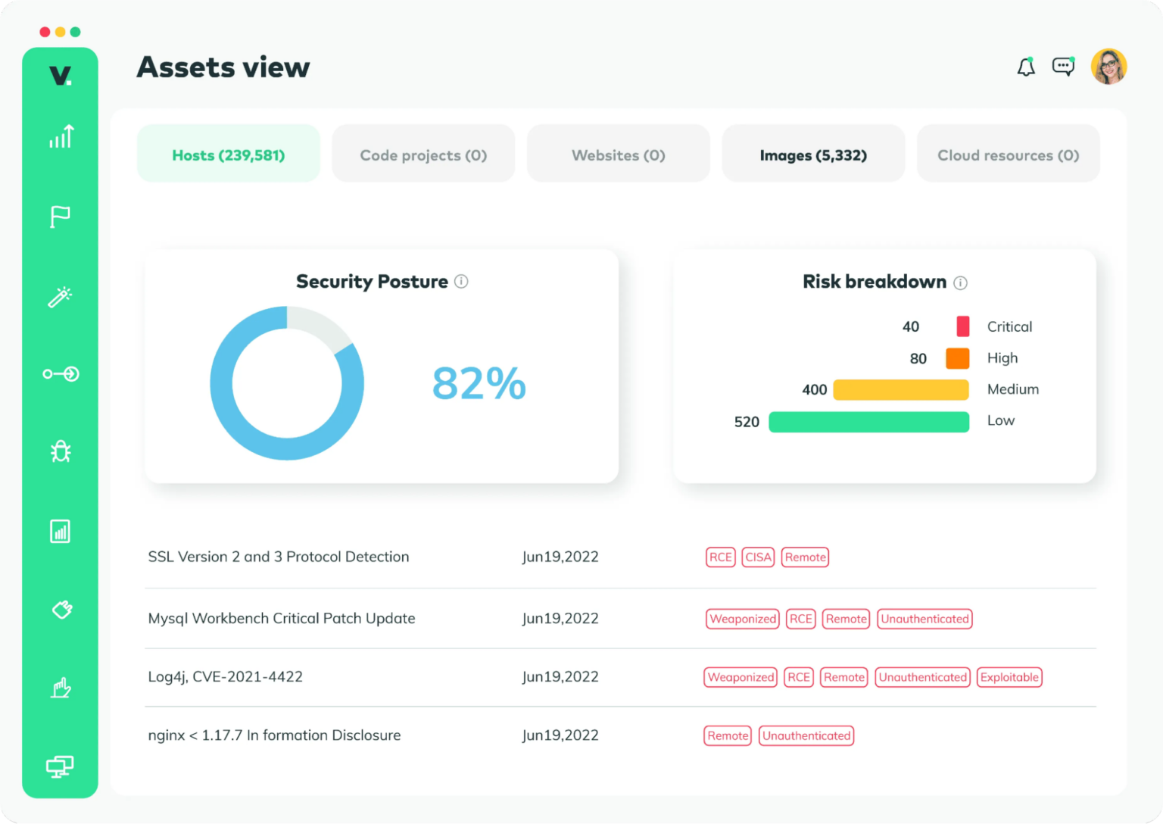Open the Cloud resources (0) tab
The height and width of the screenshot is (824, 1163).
(1008, 154)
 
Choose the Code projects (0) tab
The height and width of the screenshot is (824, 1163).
(423, 154)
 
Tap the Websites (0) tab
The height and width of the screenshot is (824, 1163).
(618, 154)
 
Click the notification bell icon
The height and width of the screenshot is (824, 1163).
(1026, 67)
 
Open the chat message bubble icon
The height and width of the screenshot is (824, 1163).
(1063, 67)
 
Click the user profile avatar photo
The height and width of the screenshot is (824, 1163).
(1108, 67)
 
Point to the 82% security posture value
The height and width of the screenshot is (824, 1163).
(479, 383)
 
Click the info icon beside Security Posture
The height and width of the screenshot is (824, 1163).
(461, 282)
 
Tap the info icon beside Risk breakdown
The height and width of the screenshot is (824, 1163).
(960, 282)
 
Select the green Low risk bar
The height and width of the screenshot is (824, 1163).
(868, 422)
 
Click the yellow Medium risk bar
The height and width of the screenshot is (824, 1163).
(900, 390)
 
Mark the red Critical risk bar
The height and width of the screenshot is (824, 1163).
(962, 326)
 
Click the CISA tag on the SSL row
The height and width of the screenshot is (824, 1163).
(758, 557)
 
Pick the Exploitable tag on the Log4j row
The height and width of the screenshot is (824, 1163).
(1009, 677)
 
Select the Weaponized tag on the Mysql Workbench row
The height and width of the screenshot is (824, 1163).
(743, 619)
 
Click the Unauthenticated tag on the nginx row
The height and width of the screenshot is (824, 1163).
(806, 735)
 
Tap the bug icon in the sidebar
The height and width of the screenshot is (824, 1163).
(61, 452)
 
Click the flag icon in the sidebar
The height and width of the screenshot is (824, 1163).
(60, 217)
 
